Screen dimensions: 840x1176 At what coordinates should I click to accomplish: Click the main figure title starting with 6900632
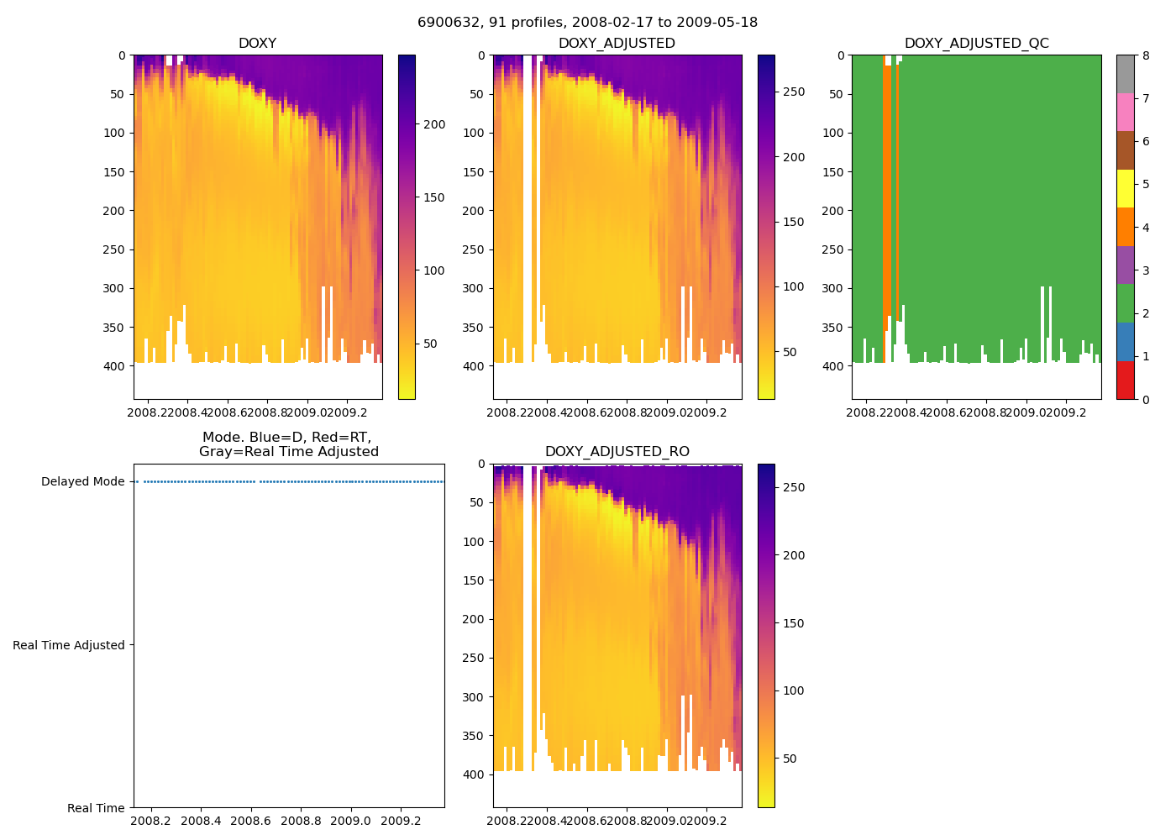pyautogui.click(x=587, y=23)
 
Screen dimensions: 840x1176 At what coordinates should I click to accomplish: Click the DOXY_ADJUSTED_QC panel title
pyautogui.click(x=976, y=44)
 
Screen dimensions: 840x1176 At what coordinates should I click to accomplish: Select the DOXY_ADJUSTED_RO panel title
pyautogui.click(x=617, y=452)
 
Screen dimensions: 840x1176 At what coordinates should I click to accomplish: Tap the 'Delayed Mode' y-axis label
pyautogui.click(x=82, y=482)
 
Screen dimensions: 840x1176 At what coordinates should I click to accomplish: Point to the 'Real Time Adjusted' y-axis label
pyautogui.click(x=69, y=645)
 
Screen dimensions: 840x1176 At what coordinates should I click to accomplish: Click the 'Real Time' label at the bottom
pyautogui.click(x=96, y=808)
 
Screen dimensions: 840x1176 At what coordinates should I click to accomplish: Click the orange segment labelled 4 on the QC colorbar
pyautogui.click(x=1126, y=227)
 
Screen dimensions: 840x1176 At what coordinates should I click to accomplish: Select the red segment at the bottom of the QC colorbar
pyautogui.click(x=1126, y=380)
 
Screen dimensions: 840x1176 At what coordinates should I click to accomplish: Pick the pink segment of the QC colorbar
pyautogui.click(x=1126, y=112)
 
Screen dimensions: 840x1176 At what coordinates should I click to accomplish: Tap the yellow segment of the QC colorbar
pyautogui.click(x=1126, y=188)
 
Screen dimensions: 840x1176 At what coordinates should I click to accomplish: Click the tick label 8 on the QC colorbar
pyautogui.click(x=1146, y=55)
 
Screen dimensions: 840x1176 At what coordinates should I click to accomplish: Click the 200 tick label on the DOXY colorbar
pyautogui.click(x=434, y=124)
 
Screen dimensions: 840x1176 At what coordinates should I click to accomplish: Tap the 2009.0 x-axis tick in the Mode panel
pyautogui.click(x=350, y=821)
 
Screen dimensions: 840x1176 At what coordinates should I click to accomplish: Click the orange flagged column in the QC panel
pyautogui.click(x=888, y=193)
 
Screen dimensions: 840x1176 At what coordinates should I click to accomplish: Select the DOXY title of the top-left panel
pyautogui.click(x=257, y=44)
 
